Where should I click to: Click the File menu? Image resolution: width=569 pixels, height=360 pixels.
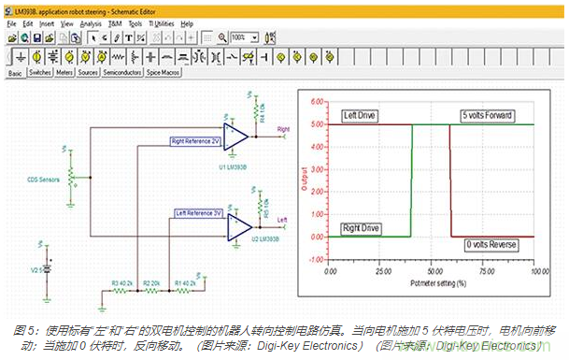coord(10,22)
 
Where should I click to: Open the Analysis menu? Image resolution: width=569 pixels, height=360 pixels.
coord(90,22)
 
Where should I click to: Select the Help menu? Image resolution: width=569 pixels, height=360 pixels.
coord(187,22)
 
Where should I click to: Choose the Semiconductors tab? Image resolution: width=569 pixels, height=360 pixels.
coord(121,71)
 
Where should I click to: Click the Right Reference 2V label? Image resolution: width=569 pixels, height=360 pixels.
coord(195,139)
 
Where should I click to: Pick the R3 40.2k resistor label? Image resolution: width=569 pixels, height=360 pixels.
coord(123,281)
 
